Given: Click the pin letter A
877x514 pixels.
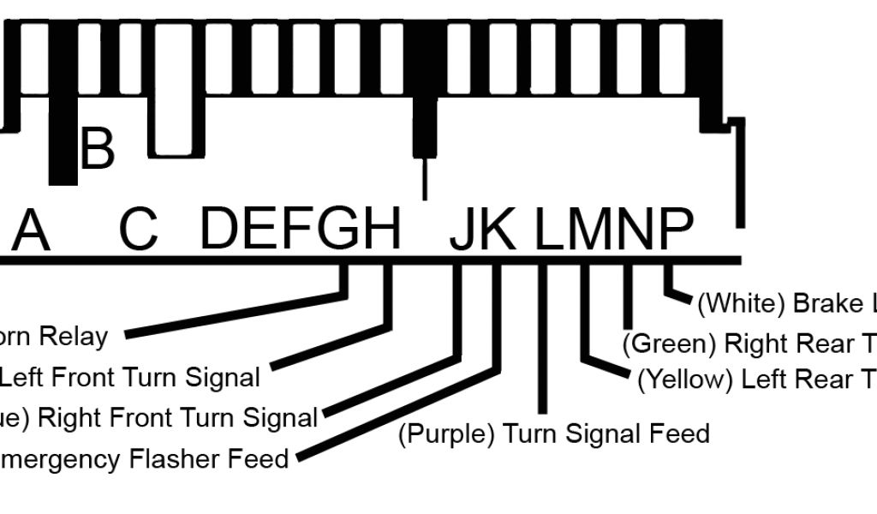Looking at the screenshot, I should tap(31, 230).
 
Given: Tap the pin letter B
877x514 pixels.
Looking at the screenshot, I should tap(96, 149).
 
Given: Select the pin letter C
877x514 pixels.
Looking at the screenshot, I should tap(139, 229).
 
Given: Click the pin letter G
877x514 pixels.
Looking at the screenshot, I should tap(339, 229).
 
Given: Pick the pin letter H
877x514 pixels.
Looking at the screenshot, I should tap(380, 229).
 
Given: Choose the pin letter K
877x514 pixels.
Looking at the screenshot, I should tap(496, 229).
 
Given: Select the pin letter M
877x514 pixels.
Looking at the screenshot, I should tap(591, 229).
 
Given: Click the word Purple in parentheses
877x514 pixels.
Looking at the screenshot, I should tap(447, 433).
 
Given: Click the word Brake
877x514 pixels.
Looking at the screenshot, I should tap(827, 303).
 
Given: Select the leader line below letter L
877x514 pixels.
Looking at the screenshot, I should tap(542, 343).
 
